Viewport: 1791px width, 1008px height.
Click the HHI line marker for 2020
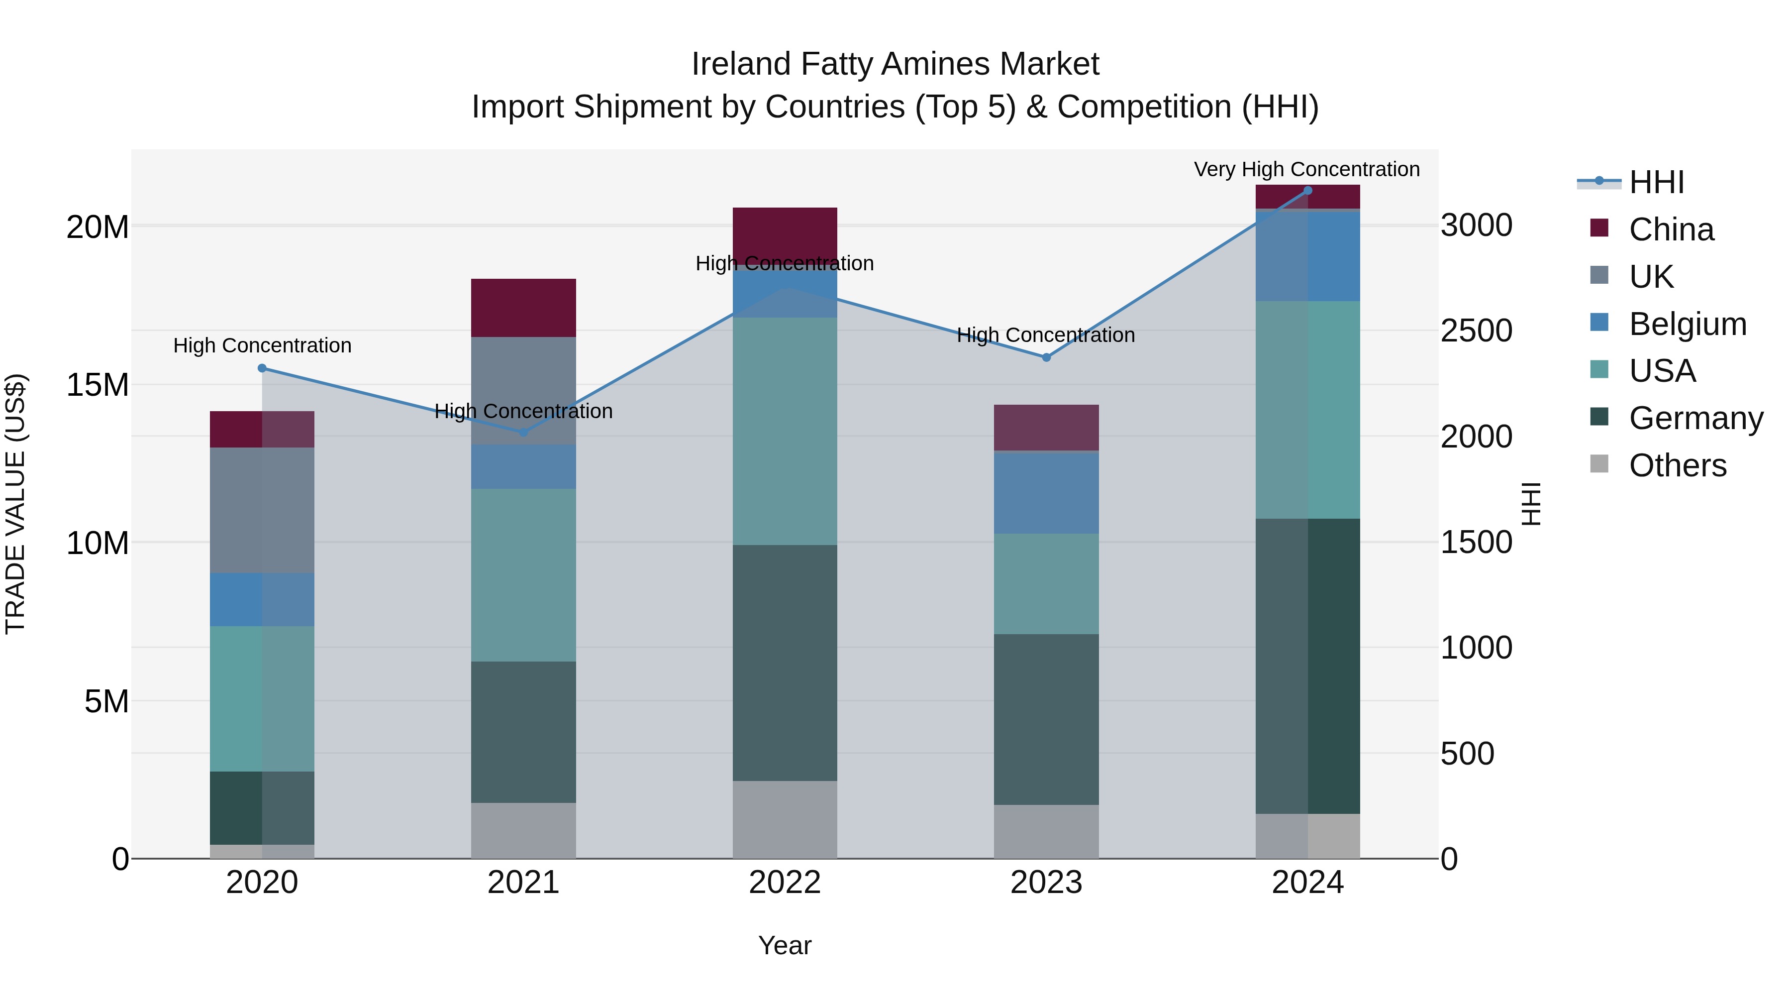pos(262,368)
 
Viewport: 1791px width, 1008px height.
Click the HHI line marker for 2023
pos(1046,357)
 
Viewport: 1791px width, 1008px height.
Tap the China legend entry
pos(1671,229)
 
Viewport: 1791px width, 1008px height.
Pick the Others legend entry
pos(1677,465)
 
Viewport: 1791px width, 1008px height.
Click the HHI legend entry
pos(1656,182)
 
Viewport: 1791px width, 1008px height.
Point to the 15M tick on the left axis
pos(98,385)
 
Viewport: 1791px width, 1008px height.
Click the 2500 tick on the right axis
pos(1476,331)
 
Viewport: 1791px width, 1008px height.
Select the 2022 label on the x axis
pos(785,883)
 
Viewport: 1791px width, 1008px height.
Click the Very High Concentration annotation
pos(1306,169)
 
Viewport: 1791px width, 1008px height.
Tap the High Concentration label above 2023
pos(1046,336)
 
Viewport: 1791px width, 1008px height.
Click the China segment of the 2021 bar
pos(523,308)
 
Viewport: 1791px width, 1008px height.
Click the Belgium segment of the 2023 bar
pos(1046,492)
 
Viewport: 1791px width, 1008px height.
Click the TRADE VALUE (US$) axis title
pos(15,504)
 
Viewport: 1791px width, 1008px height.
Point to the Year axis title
pos(785,945)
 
